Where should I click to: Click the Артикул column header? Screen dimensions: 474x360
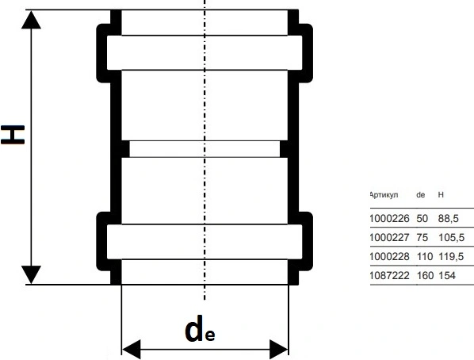(384, 195)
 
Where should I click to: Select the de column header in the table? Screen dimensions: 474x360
(420, 195)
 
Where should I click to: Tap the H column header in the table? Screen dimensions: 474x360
(441, 195)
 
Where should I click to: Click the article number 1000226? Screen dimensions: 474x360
(389, 218)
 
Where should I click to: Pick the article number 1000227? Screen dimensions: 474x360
(389, 237)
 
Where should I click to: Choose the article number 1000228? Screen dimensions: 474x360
(389, 257)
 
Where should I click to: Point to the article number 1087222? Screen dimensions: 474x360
(389, 276)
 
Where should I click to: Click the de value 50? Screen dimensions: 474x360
(422, 218)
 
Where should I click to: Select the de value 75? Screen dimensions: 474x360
(422, 237)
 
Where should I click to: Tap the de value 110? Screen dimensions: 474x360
(425, 257)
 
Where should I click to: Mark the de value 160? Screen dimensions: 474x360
(425, 276)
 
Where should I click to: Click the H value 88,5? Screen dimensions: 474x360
(449, 218)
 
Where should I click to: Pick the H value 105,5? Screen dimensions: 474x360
(451, 237)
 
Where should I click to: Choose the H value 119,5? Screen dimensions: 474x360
(451, 257)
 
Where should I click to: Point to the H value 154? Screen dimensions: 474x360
(447, 276)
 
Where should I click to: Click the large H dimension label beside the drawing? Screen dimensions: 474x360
(13, 135)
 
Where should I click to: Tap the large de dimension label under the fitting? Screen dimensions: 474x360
(200, 329)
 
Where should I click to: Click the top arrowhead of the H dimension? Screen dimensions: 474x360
(31, 20)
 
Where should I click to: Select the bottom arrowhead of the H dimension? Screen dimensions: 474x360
(31, 274)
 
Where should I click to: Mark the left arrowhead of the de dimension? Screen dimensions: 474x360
(132, 350)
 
